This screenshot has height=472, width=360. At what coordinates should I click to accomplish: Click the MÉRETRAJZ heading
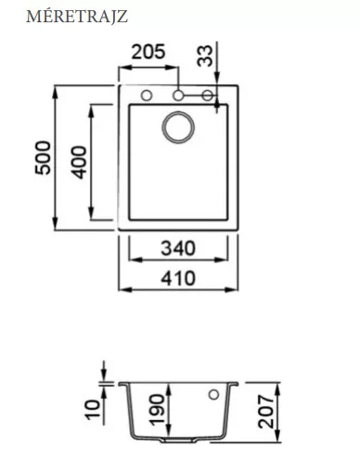[x=77, y=17]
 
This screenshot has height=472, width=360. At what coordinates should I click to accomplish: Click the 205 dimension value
[x=148, y=52]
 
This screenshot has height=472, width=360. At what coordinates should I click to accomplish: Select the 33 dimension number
[x=205, y=56]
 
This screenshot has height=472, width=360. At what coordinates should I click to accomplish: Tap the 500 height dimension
[x=43, y=158]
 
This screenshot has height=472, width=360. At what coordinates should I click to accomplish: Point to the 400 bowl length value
[x=79, y=162]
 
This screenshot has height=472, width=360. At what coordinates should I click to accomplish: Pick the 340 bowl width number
[x=178, y=249]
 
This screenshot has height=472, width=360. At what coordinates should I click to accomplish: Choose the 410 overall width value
[x=178, y=278]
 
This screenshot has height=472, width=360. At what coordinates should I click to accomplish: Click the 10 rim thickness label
[x=93, y=410]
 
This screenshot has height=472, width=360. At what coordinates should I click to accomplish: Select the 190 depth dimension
[x=157, y=410]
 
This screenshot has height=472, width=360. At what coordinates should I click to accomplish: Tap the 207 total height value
[x=266, y=412]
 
